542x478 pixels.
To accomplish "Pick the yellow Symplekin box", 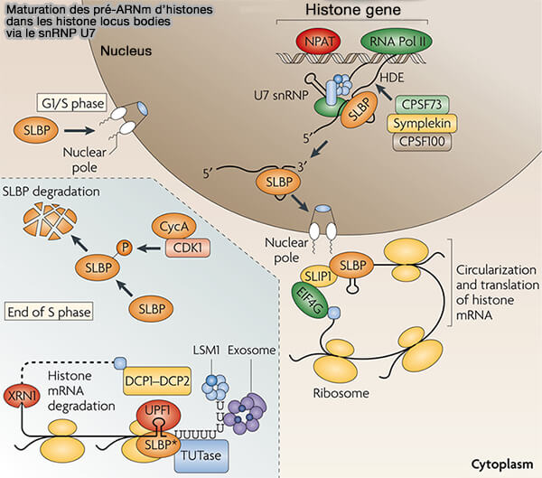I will tap(423, 124).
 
